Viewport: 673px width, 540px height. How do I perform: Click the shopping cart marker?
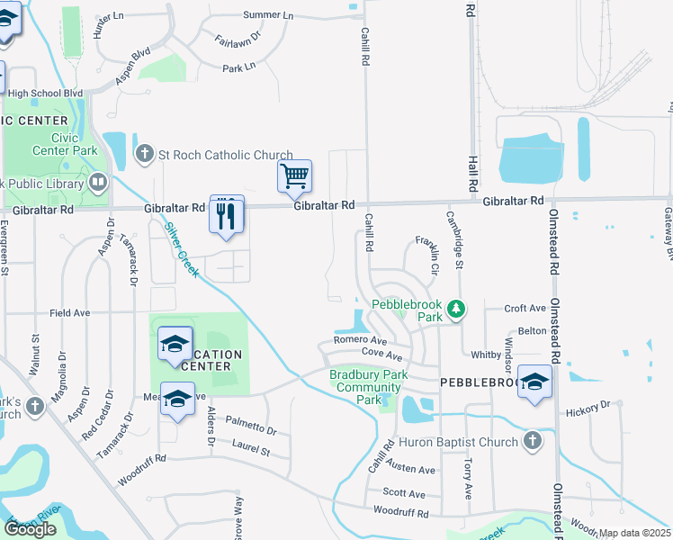294,176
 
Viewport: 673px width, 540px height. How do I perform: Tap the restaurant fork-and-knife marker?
226,214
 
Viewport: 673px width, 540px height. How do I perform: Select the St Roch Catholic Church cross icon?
144,154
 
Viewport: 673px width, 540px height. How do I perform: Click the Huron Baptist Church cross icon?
532,441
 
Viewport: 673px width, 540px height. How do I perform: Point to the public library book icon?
98,184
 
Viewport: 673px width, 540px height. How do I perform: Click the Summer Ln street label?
268,15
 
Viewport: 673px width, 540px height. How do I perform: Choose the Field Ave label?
70,313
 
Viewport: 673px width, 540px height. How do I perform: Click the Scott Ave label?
404,493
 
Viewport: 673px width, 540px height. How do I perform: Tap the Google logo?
30,528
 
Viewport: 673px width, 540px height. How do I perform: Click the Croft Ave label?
525,308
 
